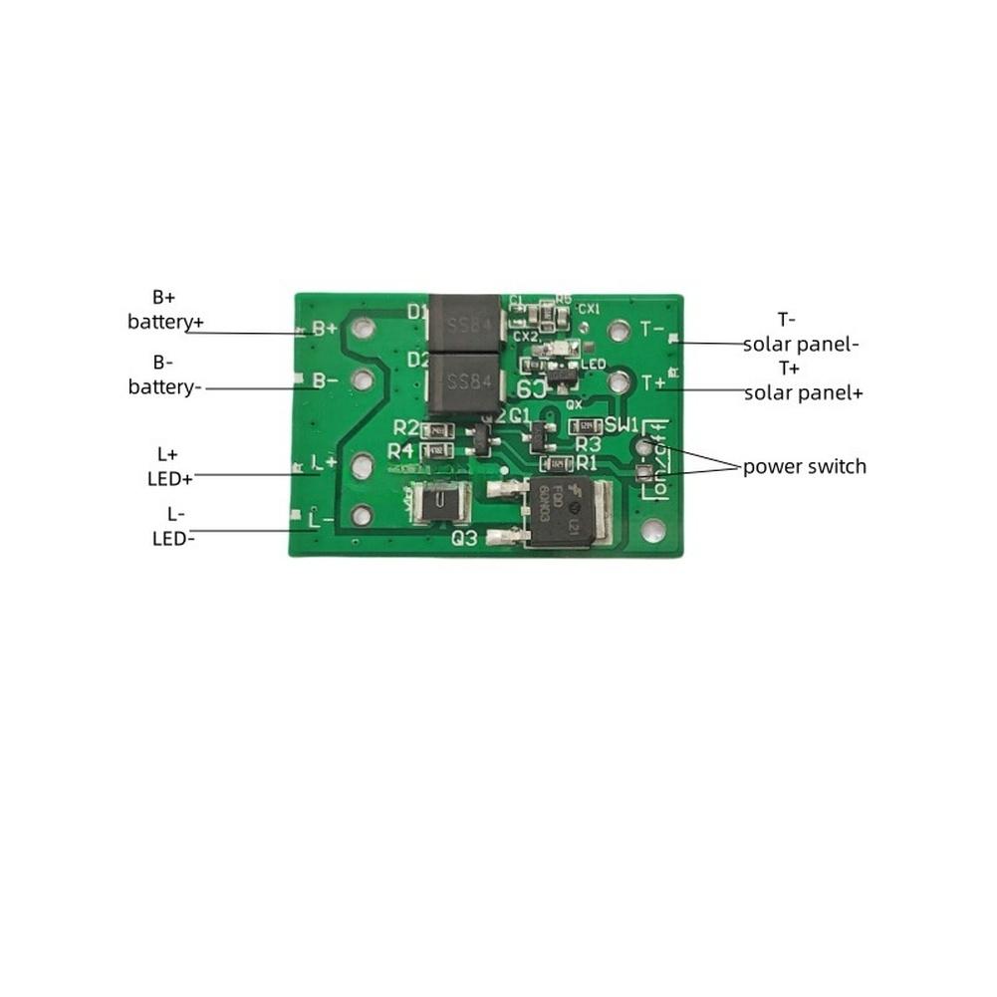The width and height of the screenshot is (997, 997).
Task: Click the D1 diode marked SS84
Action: pos(465,324)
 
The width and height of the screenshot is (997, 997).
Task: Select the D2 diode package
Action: pos(465,383)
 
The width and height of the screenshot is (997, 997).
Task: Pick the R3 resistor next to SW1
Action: pos(582,427)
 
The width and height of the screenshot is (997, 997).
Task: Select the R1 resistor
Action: pos(553,463)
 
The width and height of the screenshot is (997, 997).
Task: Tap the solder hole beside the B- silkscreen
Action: pos(363,378)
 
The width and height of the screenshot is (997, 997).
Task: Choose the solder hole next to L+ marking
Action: pos(363,463)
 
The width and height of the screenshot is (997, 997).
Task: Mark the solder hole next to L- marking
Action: pos(362,515)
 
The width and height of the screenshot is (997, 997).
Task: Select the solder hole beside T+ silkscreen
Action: pos(619,379)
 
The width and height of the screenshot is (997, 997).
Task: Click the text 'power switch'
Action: pos(804,466)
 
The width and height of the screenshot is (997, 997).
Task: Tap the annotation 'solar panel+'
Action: pos(804,392)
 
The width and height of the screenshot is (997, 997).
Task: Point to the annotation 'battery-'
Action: pos(165,386)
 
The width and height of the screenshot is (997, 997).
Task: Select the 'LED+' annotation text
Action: pos(171,478)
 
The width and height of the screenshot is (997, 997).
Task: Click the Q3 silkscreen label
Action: pos(465,539)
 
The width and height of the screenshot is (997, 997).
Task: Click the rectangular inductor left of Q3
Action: pos(438,503)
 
